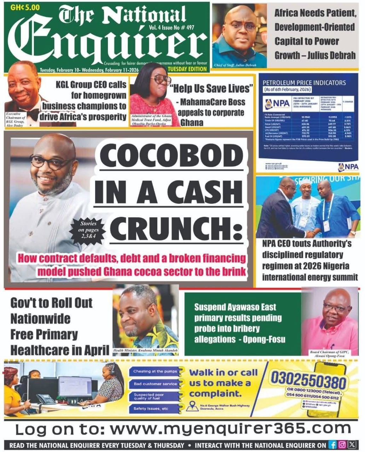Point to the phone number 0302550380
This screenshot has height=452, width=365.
[x=308, y=381]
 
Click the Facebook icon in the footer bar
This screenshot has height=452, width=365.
[x=332, y=445]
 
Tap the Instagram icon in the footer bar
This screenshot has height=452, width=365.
[x=342, y=445]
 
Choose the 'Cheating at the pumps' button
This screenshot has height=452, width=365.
[x=153, y=371]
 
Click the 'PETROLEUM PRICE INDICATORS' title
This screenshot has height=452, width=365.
[x=304, y=83]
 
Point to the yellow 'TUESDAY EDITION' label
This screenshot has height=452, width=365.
[x=187, y=69]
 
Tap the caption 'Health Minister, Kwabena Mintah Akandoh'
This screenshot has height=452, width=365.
[x=145, y=351]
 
